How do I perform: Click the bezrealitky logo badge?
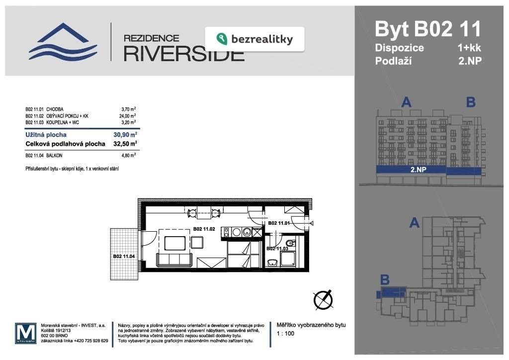254,39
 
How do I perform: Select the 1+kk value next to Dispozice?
469,48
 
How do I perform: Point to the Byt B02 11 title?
427,29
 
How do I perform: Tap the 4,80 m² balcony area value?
128,155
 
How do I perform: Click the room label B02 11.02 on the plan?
203,229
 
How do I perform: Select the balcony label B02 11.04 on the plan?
124,256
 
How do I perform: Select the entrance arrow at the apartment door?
312,224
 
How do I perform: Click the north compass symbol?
323,299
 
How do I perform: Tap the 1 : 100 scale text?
285,334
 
